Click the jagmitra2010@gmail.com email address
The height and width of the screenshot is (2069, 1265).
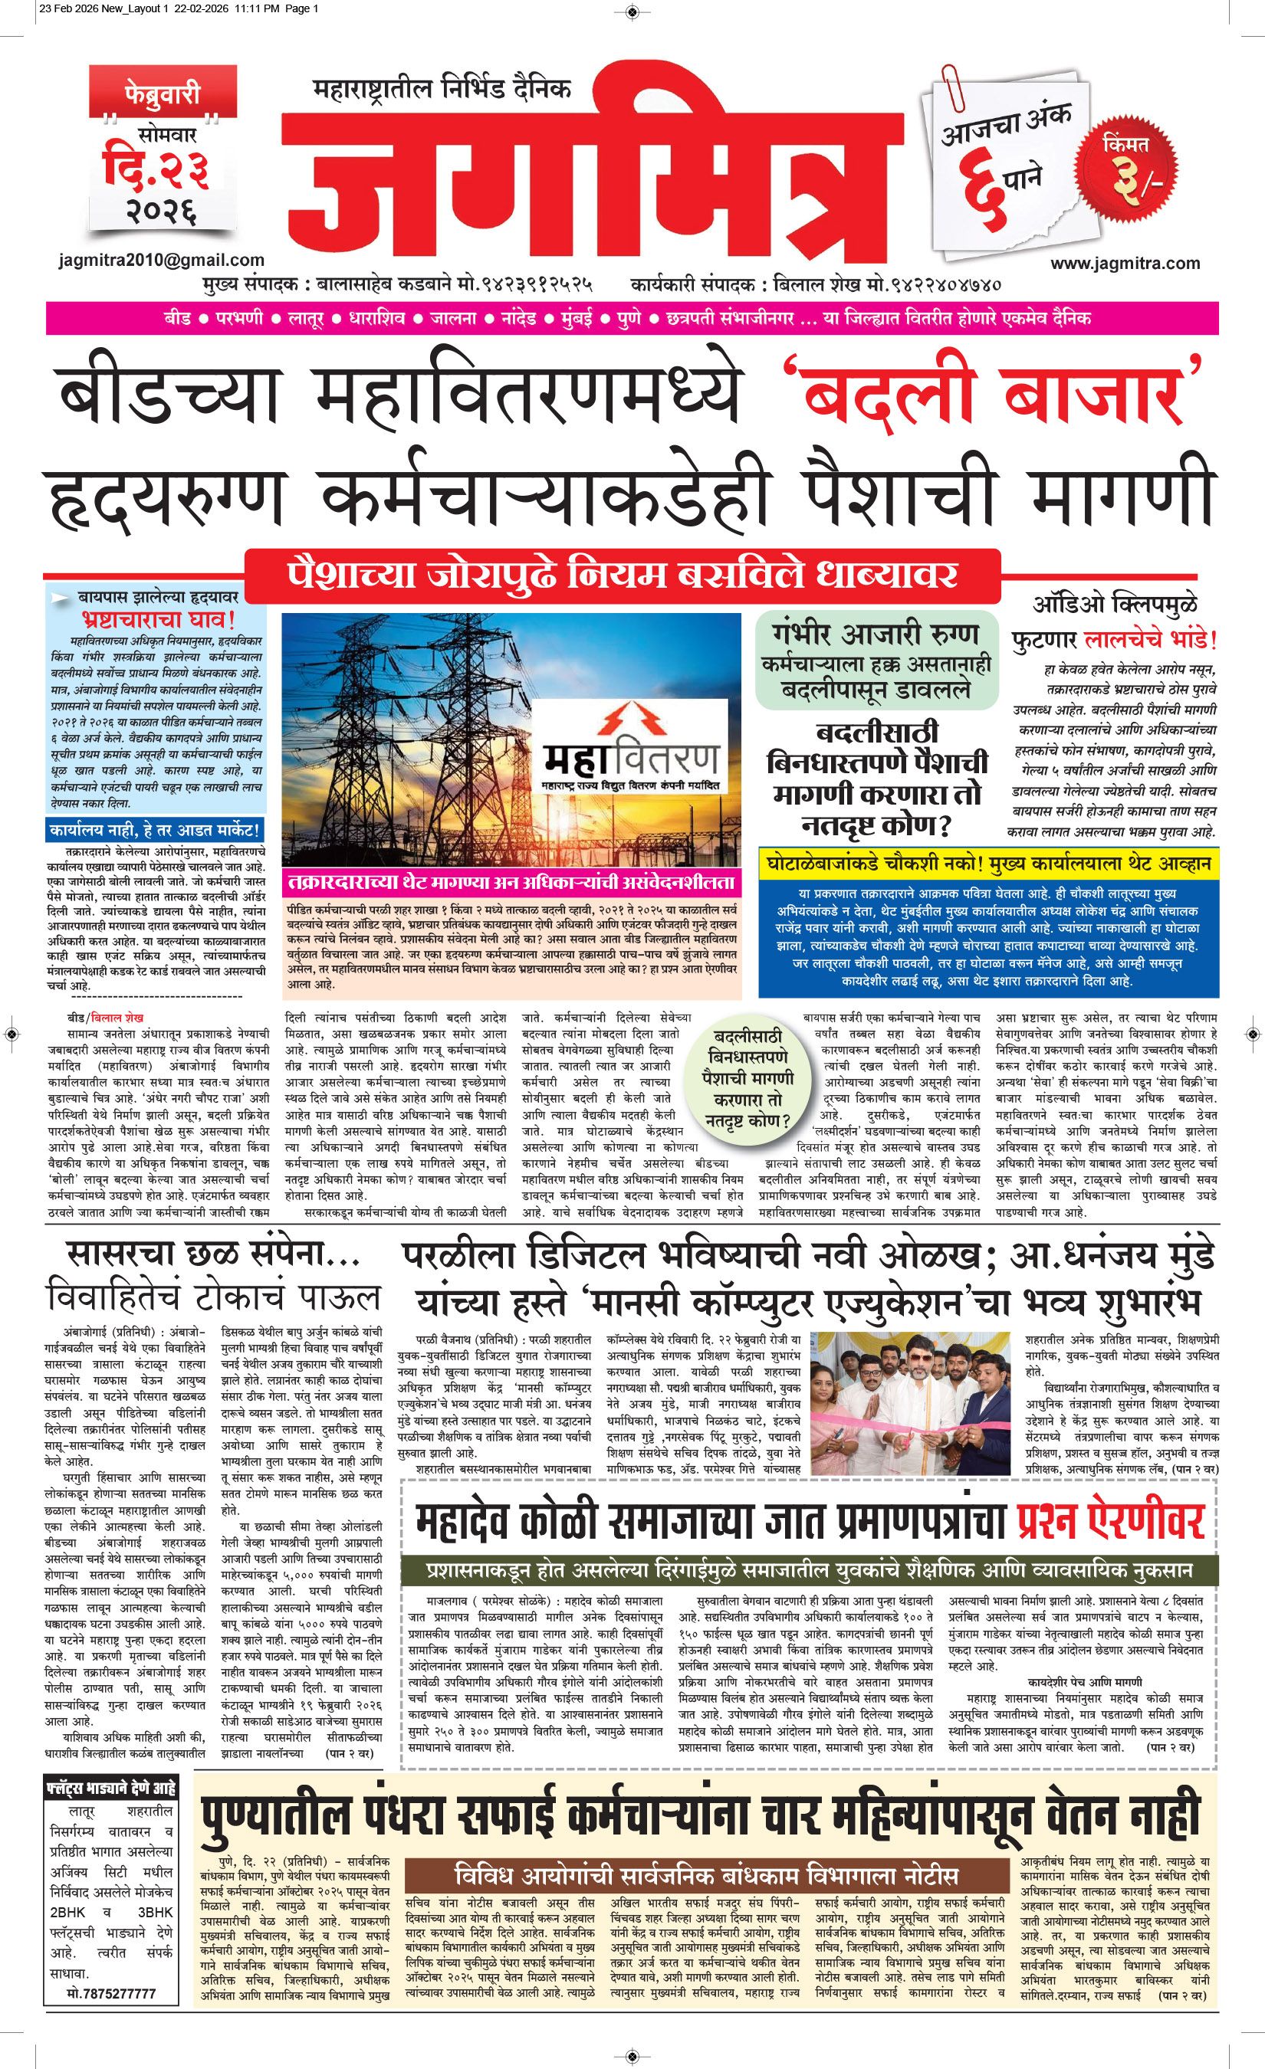click(x=161, y=261)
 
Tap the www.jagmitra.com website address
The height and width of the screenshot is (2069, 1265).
click(x=1125, y=263)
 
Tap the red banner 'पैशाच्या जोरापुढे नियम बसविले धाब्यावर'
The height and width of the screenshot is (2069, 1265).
click(x=622, y=576)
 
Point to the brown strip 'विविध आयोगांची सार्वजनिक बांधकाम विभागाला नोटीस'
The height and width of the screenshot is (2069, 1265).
click(x=705, y=1874)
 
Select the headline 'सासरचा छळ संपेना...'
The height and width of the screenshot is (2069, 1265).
click(x=213, y=1254)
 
